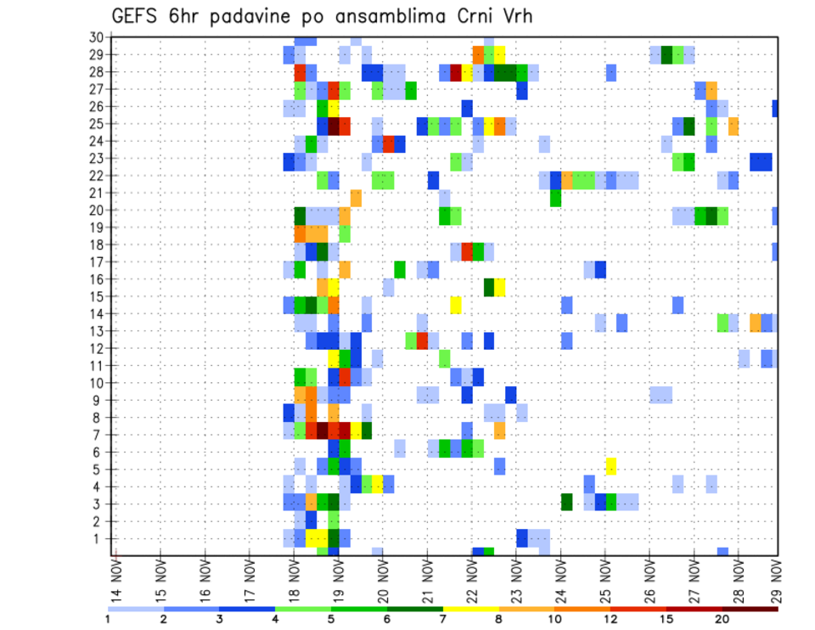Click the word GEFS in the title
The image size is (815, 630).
138,16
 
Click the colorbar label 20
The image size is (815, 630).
722,618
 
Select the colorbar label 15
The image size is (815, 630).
666,618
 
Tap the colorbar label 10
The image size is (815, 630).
554,618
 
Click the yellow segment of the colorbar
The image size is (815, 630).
471,608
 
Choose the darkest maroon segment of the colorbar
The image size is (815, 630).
750,608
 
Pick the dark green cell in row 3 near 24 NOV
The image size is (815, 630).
566,502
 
